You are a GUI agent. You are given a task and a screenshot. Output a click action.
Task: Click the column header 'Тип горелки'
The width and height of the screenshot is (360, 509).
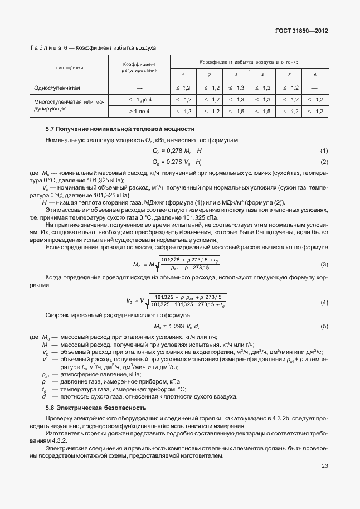pyautogui.click(x=69, y=67)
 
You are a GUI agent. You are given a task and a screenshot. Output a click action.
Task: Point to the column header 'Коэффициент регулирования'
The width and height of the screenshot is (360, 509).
pyautogui.click(x=139, y=67)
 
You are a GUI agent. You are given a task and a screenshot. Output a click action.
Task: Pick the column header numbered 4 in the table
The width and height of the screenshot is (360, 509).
pyautogui.click(x=262, y=75)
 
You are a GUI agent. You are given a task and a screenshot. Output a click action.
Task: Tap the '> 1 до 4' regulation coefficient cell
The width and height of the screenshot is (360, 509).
pyautogui.click(x=139, y=112)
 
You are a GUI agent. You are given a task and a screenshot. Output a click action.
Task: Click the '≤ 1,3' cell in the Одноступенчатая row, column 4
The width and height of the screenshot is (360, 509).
pyautogui.click(x=262, y=88)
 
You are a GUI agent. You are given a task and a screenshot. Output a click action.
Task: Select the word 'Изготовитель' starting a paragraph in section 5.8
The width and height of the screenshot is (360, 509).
pyautogui.click(x=64, y=433)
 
